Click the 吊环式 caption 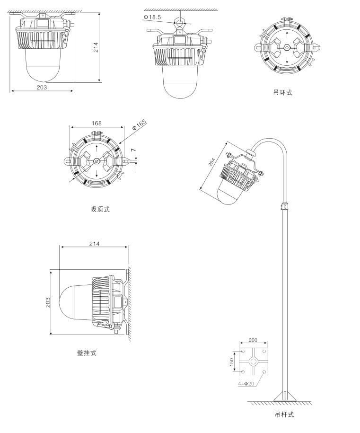(283, 92)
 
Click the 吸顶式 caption (100, 209)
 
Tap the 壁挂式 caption (87, 353)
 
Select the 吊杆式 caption (284, 415)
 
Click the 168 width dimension (97, 123)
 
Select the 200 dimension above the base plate (253, 340)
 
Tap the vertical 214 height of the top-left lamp (96, 47)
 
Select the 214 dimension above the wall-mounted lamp (94, 244)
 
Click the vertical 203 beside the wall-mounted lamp (48, 302)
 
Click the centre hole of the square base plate (254, 361)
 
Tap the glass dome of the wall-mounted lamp (73, 302)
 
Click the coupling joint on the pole (285, 206)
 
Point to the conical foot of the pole (285, 396)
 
